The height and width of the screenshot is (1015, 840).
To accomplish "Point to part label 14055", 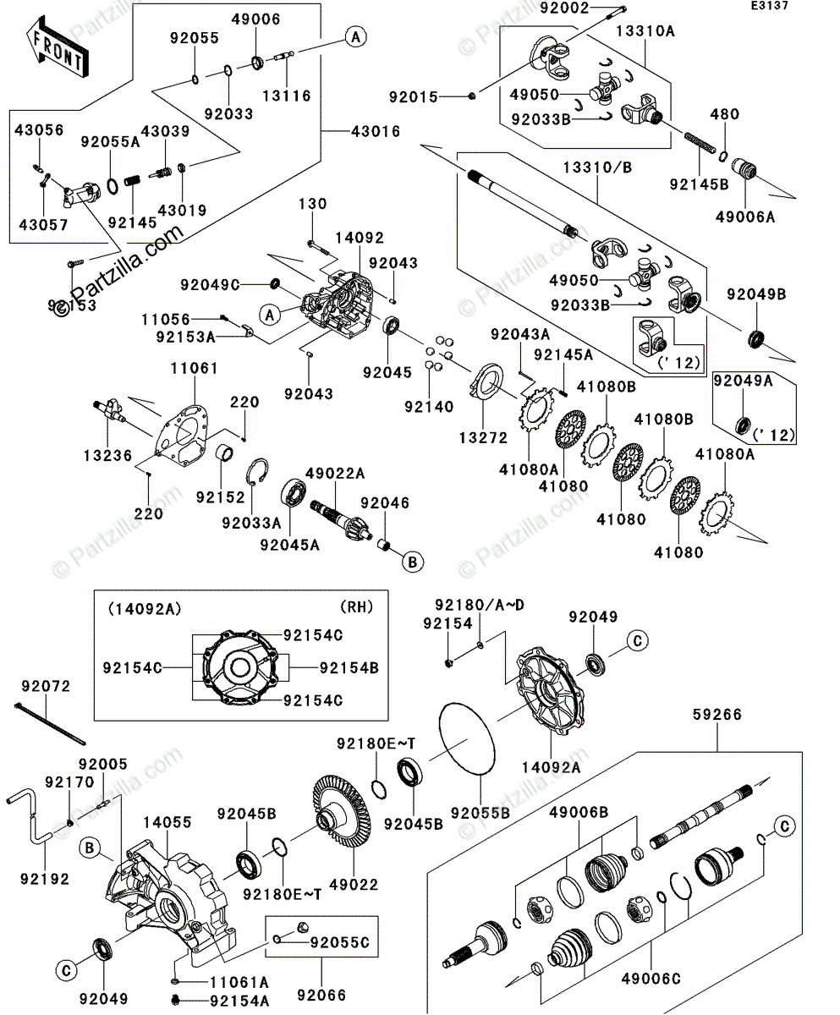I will pos(167,821).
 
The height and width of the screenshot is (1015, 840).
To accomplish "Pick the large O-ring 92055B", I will pos(467,741).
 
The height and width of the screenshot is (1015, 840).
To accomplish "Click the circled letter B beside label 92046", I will pos(412,560).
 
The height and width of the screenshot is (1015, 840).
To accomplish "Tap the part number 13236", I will pos(107,455).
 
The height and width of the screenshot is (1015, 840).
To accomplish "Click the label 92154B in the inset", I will pos(349,667).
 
